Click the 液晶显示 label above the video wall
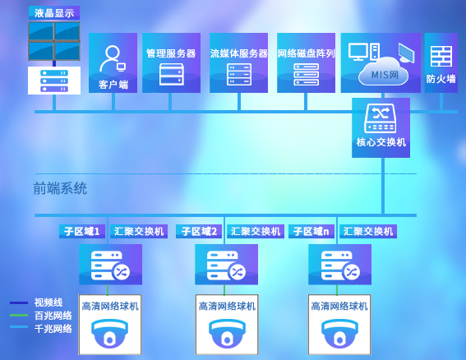[54, 13]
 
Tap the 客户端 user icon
[113, 58]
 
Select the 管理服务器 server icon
[171, 74]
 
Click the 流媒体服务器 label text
[238, 53]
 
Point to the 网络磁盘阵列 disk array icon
[306, 74]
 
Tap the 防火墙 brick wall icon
[441, 56]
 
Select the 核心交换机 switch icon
[381, 118]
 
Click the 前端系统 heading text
[60, 188]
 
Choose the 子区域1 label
[82, 231]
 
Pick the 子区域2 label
[199, 231]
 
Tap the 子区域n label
[311, 231]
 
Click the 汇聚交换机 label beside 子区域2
[256, 231]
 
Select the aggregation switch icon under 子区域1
[110, 265]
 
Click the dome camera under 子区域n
[339, 333]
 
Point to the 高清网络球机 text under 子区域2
[227, 306]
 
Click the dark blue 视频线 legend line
[19, 303]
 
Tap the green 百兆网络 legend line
[19, 316]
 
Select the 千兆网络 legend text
[53, 329]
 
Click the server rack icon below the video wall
[54, 81]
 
